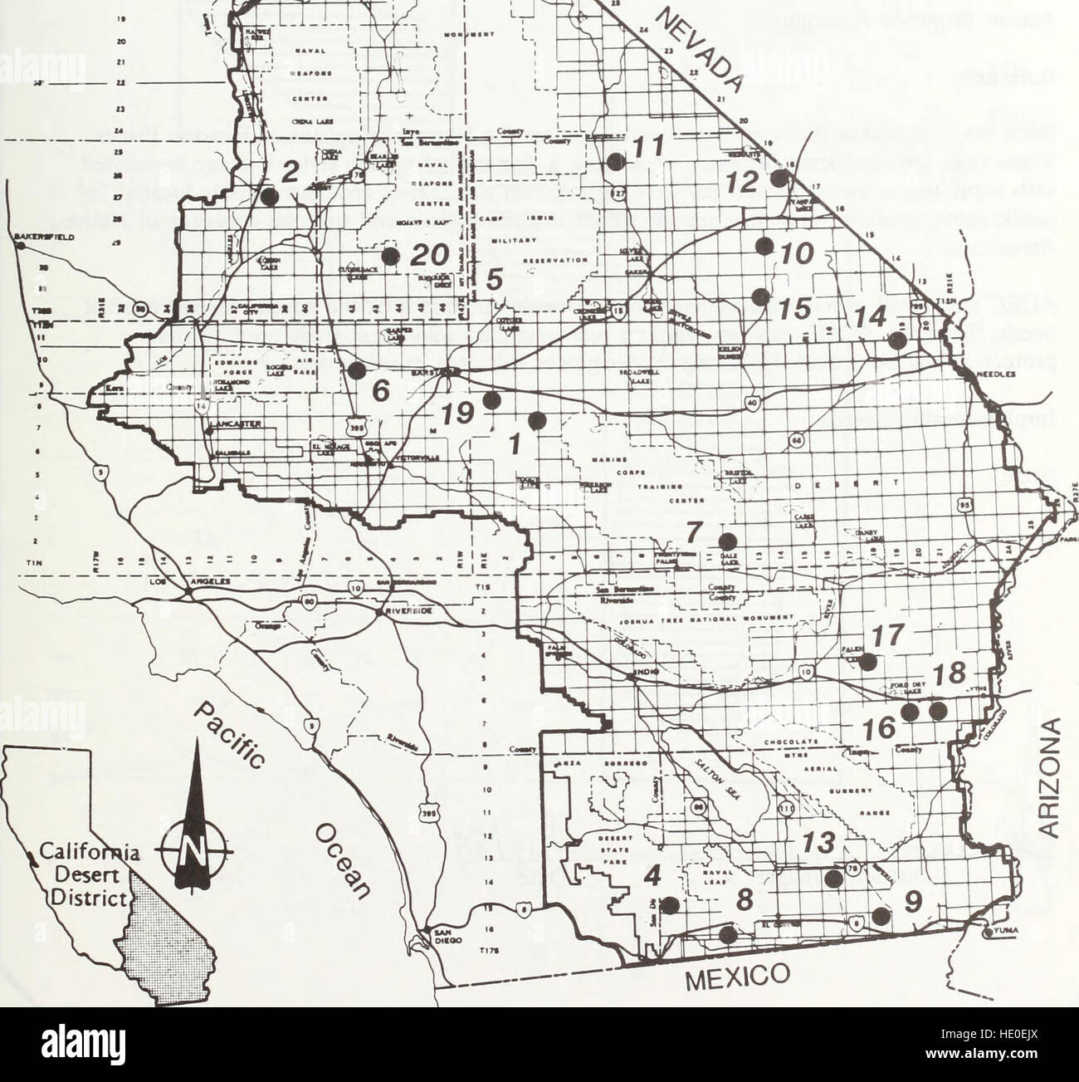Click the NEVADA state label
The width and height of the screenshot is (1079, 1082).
pos(700,52)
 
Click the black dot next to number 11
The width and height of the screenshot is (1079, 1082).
pos(614,163)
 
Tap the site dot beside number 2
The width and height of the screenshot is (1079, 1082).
pos(269,197)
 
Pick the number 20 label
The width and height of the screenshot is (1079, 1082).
pos(430,254)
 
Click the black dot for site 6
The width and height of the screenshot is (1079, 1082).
pos(356,371)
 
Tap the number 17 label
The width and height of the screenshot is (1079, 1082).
pos(887,637)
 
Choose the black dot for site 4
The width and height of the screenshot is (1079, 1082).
pos(670,905)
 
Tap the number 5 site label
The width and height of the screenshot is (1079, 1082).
pos(493,280)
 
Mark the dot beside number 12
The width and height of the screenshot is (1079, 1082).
pos(778,179)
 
